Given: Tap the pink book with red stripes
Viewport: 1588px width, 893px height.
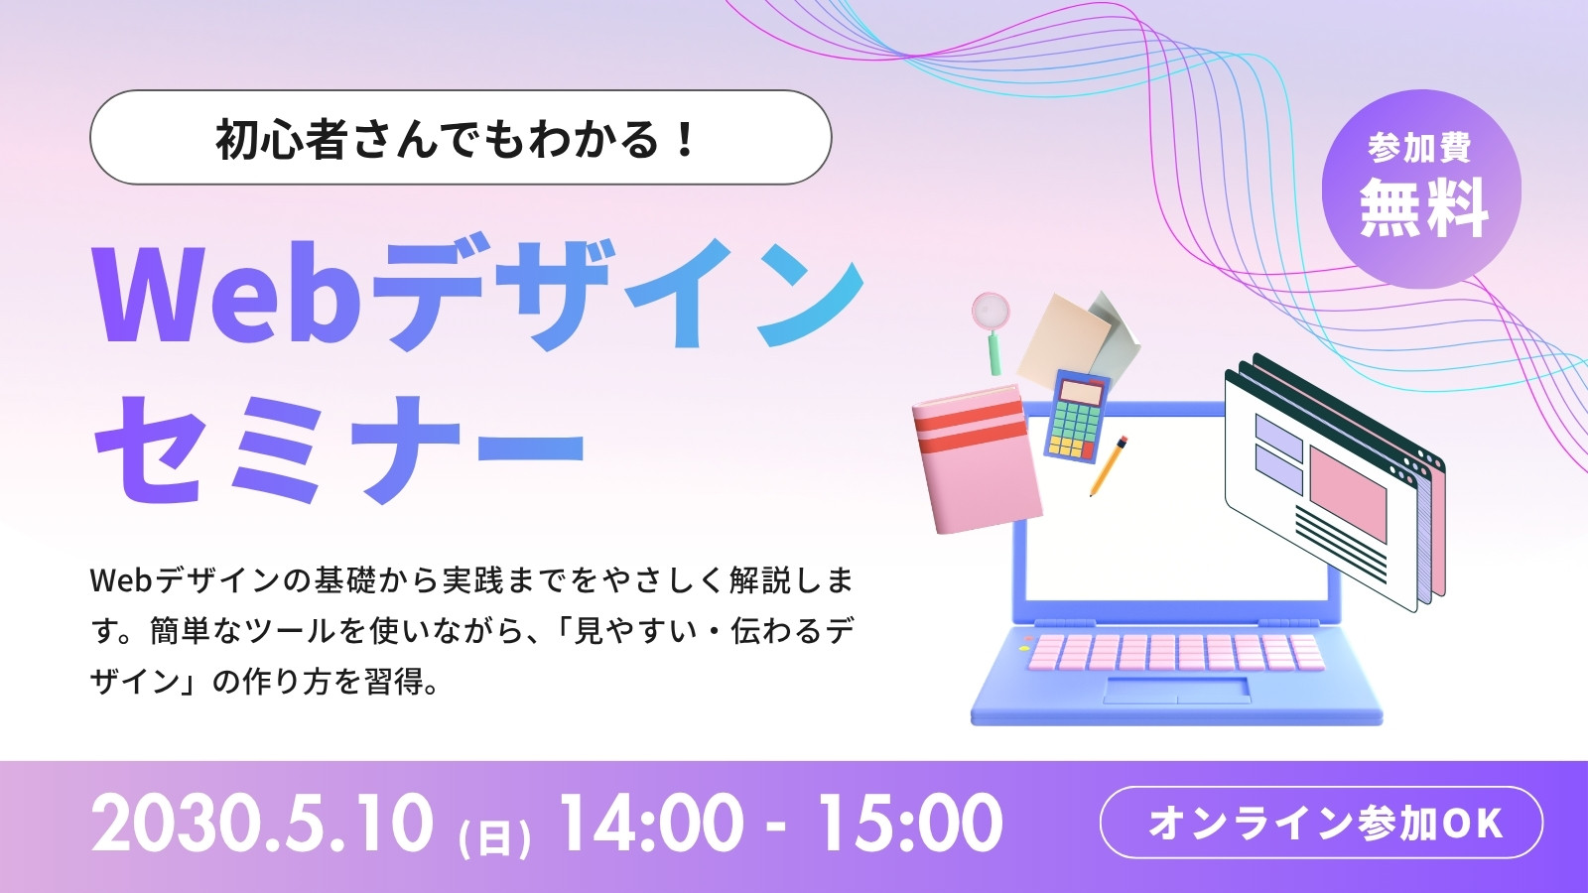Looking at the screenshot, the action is tap(977, 460).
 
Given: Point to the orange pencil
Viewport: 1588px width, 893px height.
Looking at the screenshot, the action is tap(1109, 465).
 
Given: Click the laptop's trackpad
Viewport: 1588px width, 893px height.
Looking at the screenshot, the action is tap(1177, 691).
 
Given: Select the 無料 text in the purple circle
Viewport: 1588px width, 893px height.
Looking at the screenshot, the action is tap(1423, 207).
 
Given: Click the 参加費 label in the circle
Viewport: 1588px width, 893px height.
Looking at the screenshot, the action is tap(1420, 148).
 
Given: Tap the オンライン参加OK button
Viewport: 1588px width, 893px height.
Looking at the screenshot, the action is tap(1321, 823).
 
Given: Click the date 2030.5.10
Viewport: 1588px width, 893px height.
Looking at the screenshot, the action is tap(262, 823).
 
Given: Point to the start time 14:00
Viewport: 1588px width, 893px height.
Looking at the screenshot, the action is tap(651, 823).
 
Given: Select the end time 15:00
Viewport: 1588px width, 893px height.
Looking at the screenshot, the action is tap(911, 823).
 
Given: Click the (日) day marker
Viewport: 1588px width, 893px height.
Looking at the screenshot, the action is tap(495, 837).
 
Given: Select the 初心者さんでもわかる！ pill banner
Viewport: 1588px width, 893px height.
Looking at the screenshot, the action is tap(461, 138).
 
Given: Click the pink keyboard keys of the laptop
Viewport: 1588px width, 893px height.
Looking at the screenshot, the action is tap(1177, 652).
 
